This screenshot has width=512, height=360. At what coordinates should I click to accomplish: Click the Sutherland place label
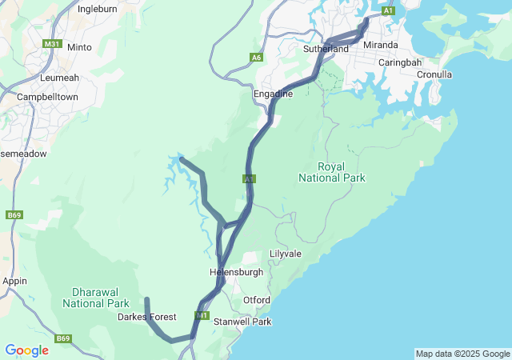tap(326, 49)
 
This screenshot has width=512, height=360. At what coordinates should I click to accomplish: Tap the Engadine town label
tap(273, 94)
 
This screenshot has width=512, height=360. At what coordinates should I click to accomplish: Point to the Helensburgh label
tap(236, 272)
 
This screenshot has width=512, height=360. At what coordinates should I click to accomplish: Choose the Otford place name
tap(257, 300)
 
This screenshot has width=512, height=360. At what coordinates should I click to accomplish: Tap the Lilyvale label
tap(285, 254)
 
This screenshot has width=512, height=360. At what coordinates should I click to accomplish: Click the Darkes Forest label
tap(146, 317)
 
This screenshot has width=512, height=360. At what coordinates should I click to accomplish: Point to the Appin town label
tap(14, 281)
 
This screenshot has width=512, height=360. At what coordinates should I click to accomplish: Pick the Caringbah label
tap(399, 62)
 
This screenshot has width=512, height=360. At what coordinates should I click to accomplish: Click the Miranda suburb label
tap(380, 45)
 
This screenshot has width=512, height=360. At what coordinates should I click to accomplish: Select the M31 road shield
tap(53, 44)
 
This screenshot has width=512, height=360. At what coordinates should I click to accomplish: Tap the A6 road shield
tap(256, 57)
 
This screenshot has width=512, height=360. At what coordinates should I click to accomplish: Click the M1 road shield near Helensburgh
tap(202, 316)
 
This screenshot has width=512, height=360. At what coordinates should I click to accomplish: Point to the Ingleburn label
tap(97, 10)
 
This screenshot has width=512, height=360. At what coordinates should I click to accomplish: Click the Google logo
tap(26, 350)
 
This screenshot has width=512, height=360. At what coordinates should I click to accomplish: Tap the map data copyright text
tap(462, 354)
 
